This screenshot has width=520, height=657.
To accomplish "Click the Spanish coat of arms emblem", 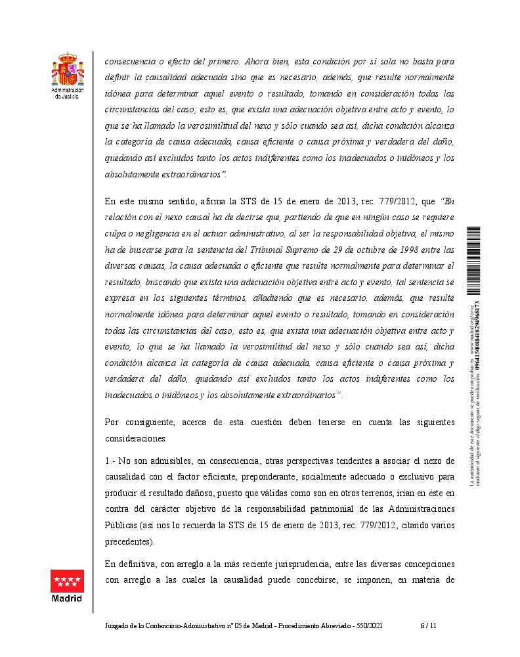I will pos(68,70).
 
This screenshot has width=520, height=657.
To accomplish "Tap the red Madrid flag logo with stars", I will pos(67,581).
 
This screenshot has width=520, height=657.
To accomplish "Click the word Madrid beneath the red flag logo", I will pos(67,599).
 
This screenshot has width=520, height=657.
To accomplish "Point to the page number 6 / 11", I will pos(427,627).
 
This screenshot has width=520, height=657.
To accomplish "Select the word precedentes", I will pos(129,542).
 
